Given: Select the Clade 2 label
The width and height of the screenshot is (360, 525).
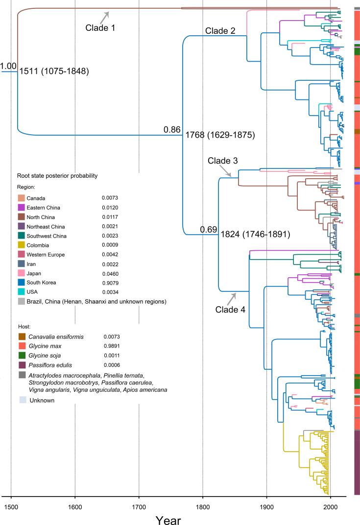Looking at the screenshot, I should coord(220,31).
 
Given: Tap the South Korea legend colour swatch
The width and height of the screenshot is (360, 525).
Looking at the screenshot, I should coord(22,283).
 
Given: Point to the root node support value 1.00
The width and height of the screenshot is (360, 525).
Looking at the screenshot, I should coord(9,66).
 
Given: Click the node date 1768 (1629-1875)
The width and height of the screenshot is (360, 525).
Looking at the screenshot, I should coord(219,135).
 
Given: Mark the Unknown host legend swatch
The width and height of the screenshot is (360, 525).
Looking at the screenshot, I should coord(22,400).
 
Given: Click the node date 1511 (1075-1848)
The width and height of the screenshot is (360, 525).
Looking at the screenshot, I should coord(53,72).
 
